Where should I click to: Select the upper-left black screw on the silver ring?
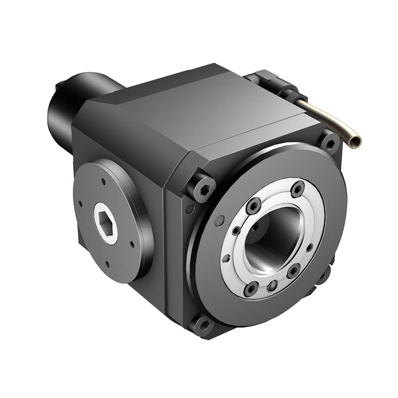coord(253,206)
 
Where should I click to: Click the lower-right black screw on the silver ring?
coord(293,271)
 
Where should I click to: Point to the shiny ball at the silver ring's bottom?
coord(272,285)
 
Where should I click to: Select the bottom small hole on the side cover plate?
coord(107,263)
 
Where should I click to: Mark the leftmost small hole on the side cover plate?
coord(81,204)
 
